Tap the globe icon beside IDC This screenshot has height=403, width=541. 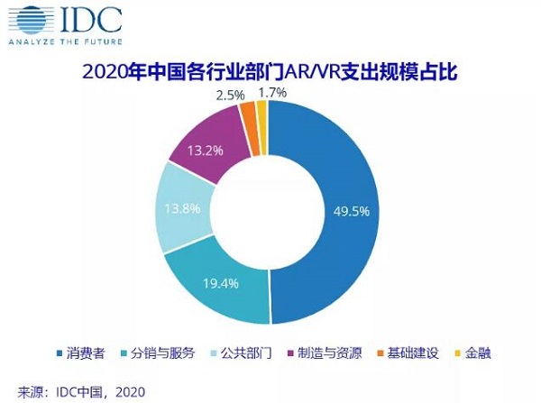click(x=26, y=19)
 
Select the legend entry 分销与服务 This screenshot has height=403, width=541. click(x=161, y=352)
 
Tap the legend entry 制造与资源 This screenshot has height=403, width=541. click(x=321, y=352)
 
